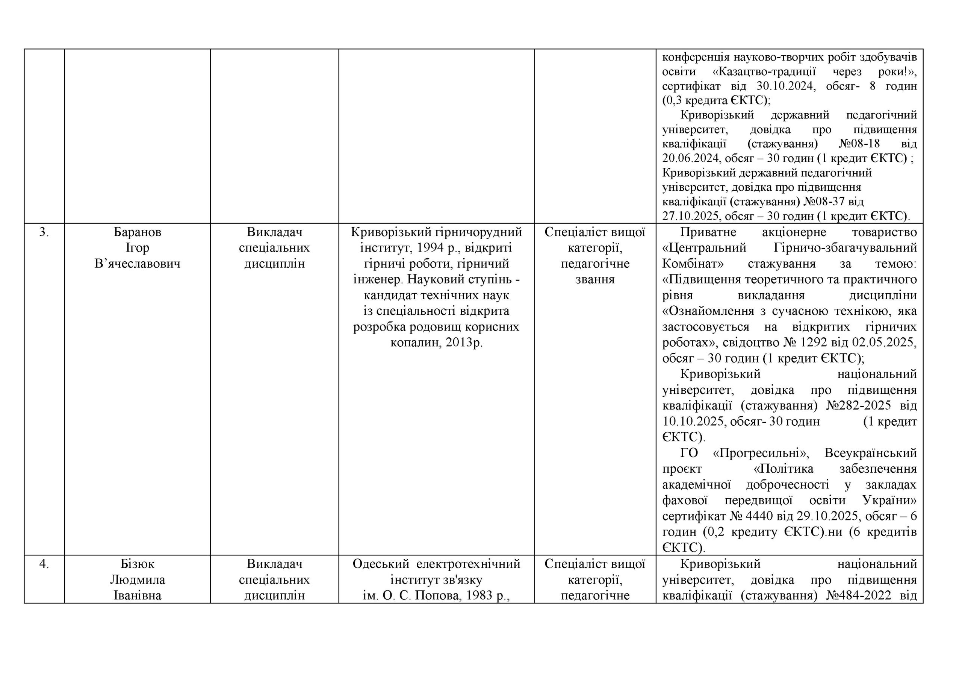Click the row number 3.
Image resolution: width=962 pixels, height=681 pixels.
(x=44, y=232)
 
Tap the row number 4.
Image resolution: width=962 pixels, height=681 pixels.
(x=44, y=564)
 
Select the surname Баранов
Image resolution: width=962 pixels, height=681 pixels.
(x=138, y=232)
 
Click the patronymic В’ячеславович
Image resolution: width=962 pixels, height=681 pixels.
(x=138, y=264)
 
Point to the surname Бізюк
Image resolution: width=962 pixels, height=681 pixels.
(x=138, y=564)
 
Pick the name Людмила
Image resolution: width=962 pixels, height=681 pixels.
(x=138, y=580)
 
